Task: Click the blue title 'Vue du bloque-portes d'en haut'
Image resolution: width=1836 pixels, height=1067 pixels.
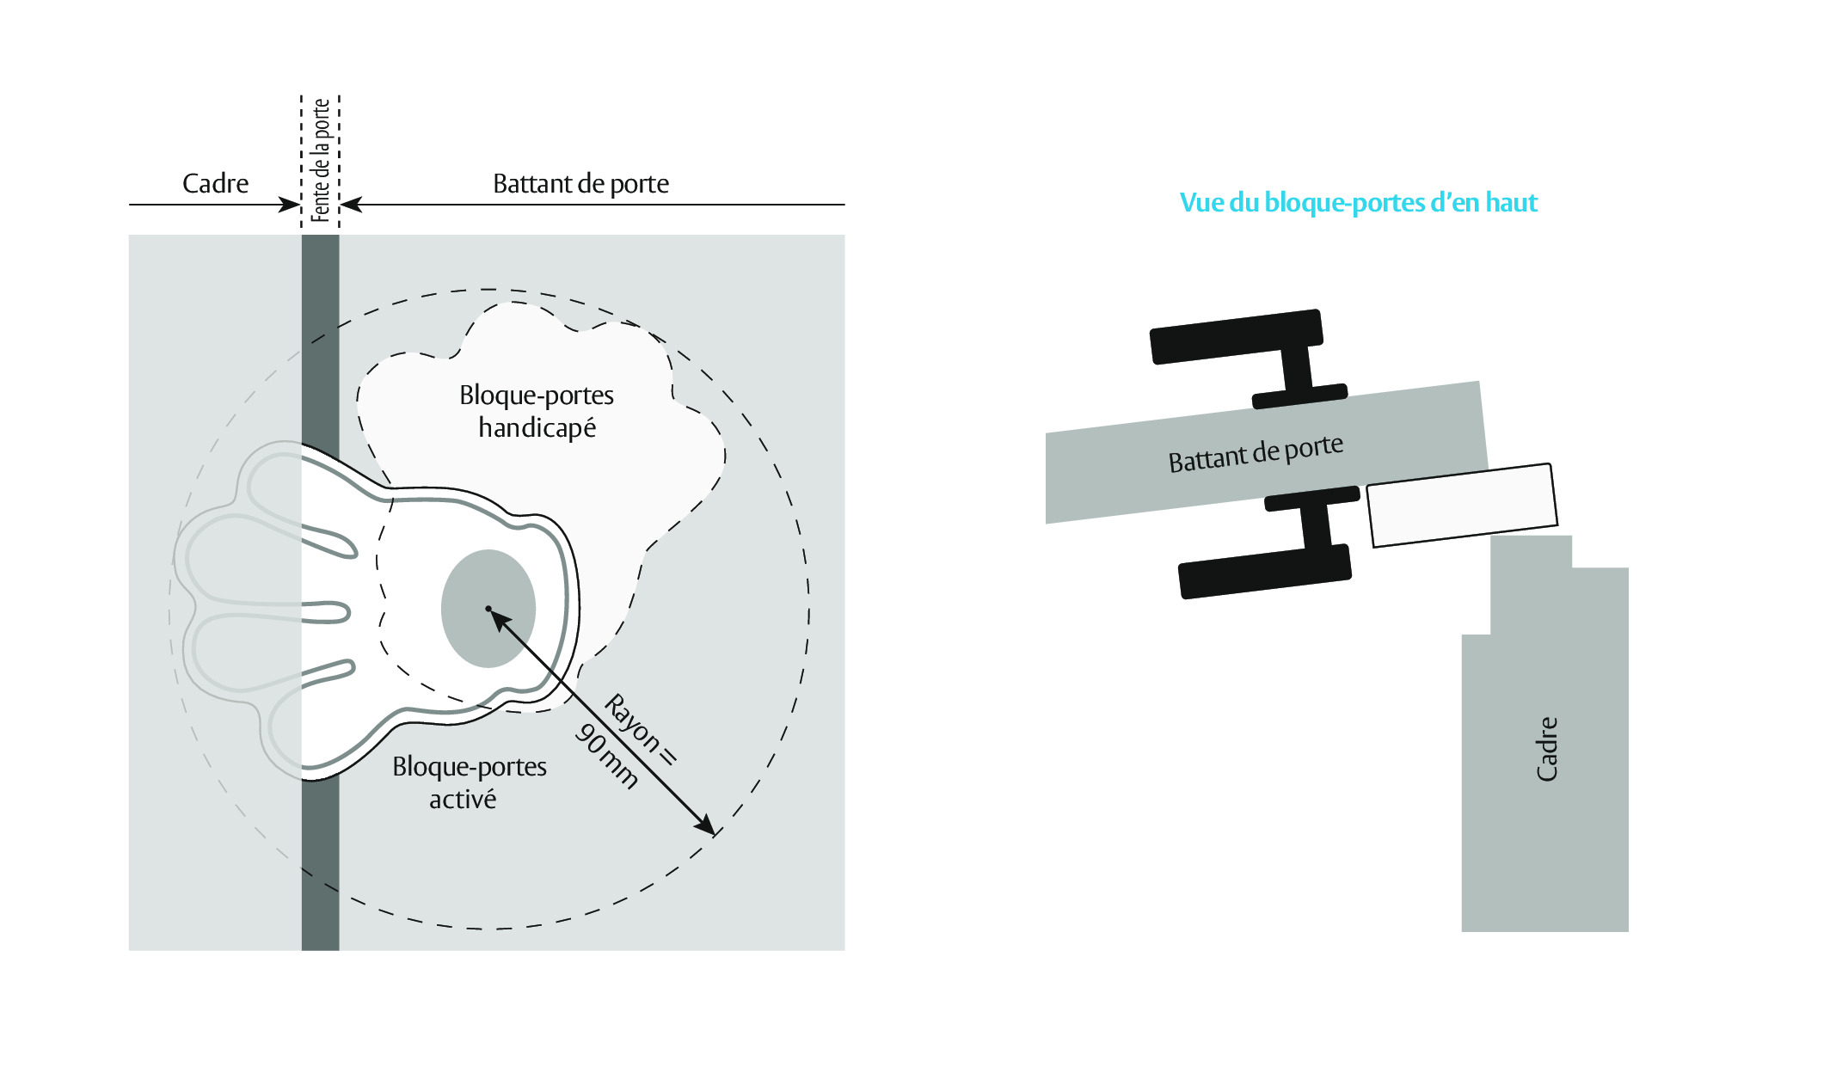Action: (x=1358, y=203)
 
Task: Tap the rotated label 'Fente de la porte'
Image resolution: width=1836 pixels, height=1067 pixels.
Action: (x=321, y=160)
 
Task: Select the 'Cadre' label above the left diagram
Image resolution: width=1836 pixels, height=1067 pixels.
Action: (x=215, y=183)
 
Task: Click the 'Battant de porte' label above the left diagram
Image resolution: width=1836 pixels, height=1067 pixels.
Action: (x=580, y=183)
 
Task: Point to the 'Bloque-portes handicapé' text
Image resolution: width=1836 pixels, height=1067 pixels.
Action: (x=537, y=411)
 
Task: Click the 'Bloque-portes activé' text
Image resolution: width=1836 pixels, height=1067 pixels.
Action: (x=469, y=782)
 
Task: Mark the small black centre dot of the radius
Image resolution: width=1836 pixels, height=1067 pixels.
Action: (x=488, y=609)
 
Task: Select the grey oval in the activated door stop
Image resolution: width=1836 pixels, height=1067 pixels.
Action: (x=488, y=609)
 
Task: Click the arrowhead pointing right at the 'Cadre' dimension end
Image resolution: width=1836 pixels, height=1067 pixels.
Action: (x=290, y=205)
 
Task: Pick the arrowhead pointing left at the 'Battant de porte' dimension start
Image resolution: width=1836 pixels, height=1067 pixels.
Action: (x=351, y=205)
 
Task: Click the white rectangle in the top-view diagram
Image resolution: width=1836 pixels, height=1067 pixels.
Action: (x=1462, y=506)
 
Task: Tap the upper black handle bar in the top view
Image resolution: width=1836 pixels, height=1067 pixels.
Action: (x=1237, y=336)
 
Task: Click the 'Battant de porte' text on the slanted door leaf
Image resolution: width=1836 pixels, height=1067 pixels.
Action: (x=1256, y=453)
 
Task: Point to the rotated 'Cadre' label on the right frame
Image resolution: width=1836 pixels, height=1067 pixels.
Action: (x=1546, y=749)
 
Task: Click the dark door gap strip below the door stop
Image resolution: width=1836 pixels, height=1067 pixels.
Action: (x=320, y=864)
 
